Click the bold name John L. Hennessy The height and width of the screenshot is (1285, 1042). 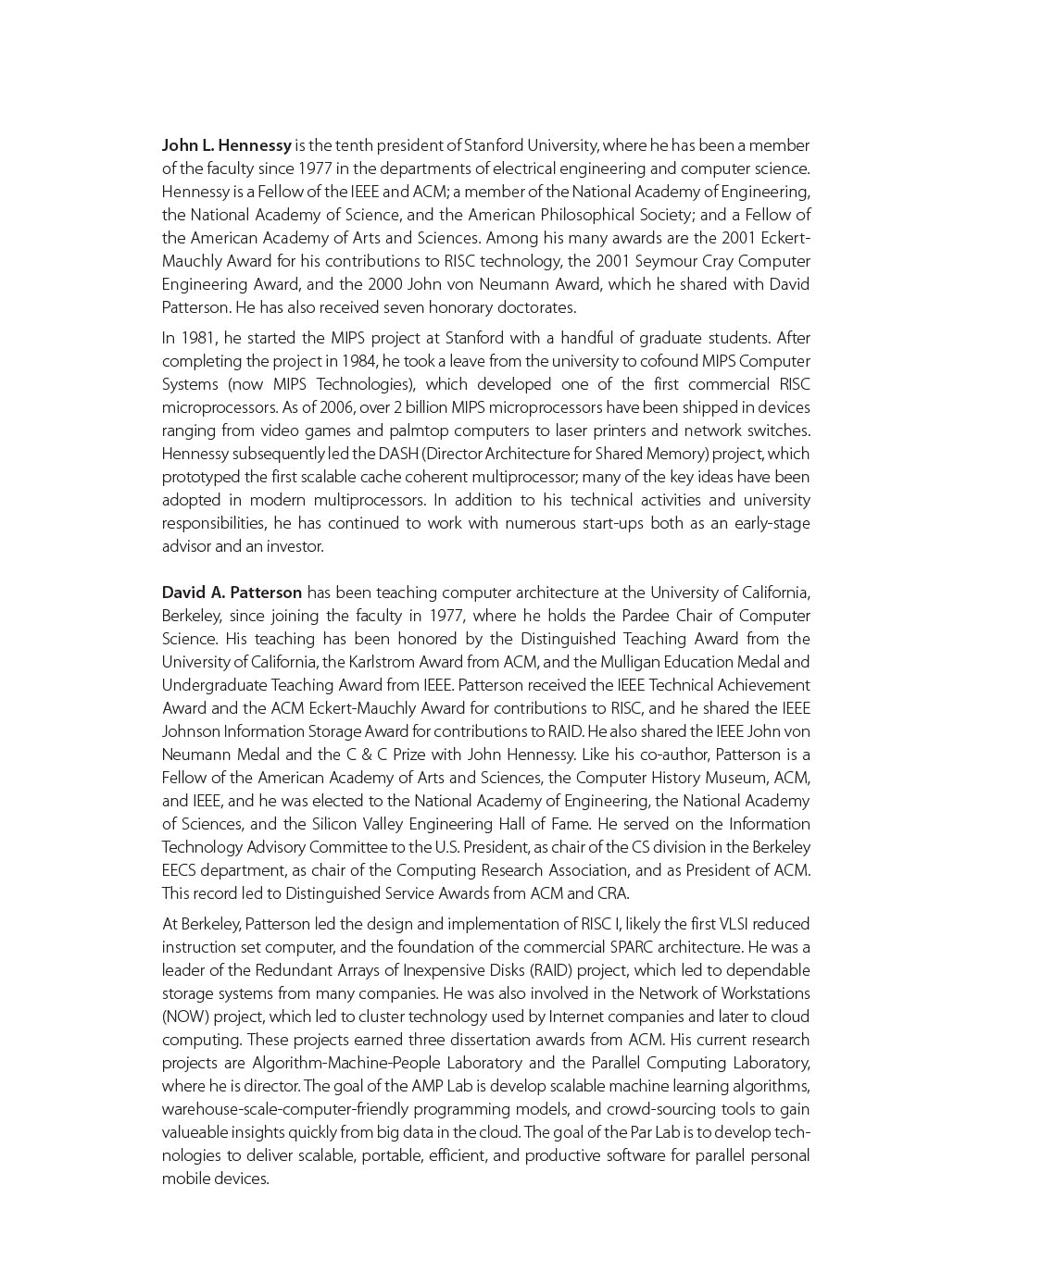226,145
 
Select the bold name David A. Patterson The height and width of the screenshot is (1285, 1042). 232,593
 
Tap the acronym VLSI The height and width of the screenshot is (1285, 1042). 739,924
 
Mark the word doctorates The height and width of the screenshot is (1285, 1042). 536,307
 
